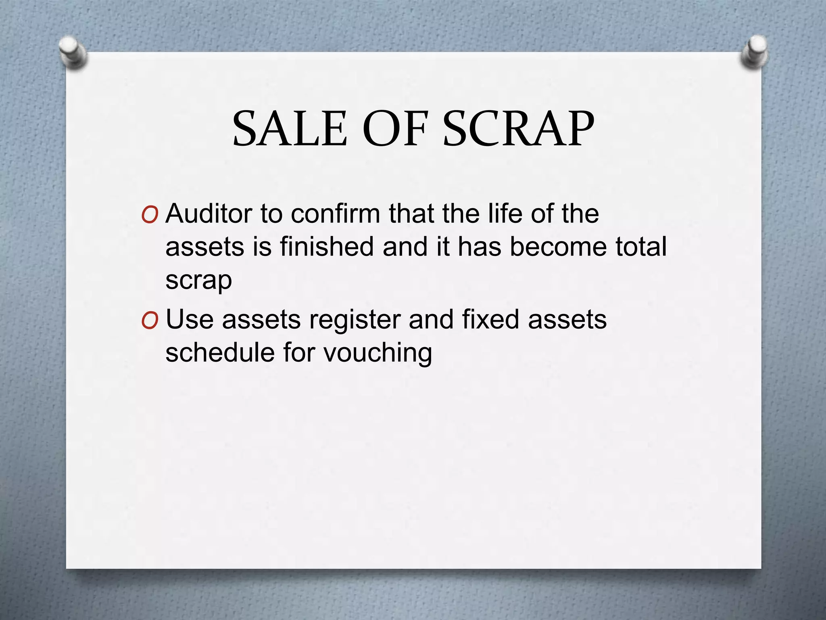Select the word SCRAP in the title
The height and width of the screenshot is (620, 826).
[519, 129]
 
